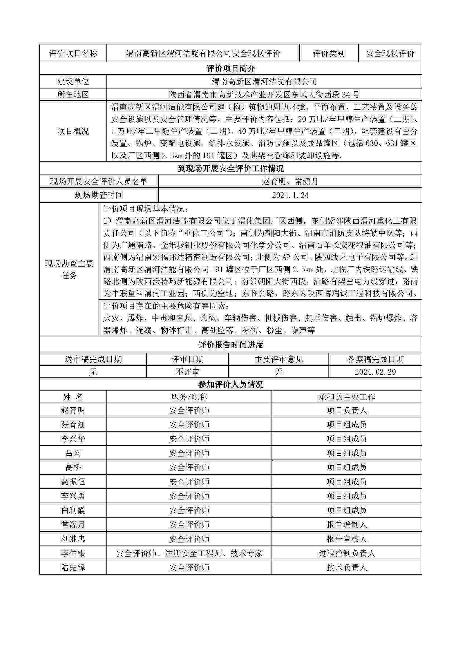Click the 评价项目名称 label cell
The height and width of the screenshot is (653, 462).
pyautogui.click(x=73, y=53)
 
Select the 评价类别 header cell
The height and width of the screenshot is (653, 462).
pyautogui.click(x=329, y=53)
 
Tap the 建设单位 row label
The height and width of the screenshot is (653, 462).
pyautogui.click(x=73, y=82)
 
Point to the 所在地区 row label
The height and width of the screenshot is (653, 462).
pyautogui.click(x=73, y=94)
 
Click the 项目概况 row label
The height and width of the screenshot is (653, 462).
pyautogui.click(x=73, y=131)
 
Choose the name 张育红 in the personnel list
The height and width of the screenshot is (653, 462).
pyautogui.click(x=73, y=425)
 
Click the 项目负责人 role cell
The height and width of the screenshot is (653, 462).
pyautogui.click(x=347, y=410)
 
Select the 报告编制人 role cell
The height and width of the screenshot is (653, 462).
pyautogui.click(x=347, y=524)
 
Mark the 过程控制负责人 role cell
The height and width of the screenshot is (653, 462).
pyautogui.click(x=347, y=553)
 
